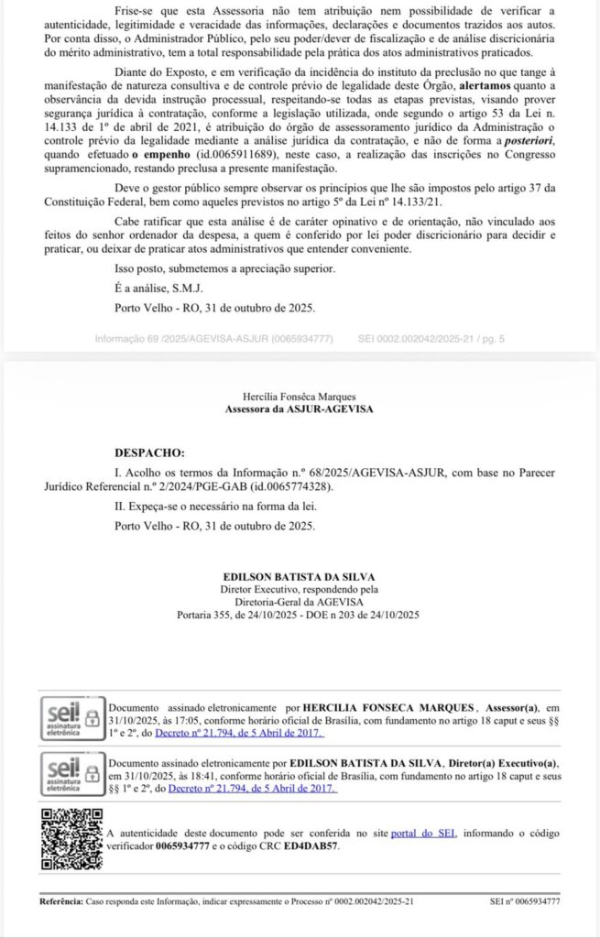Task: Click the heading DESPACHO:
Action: tap(149, 453)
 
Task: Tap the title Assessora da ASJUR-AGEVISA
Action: tap(300, 409)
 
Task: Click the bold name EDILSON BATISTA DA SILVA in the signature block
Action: tap(300, 576)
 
